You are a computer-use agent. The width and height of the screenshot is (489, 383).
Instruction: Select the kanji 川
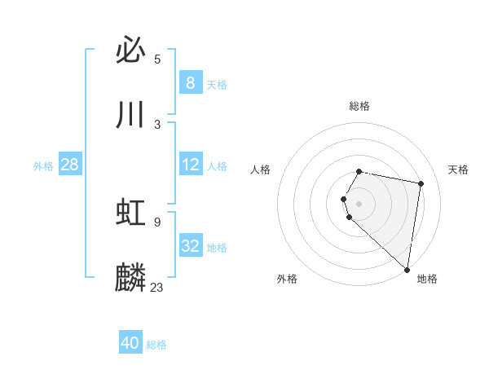(x=130, y=115)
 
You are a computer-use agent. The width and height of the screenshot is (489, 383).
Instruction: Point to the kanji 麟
(x=130, y=277)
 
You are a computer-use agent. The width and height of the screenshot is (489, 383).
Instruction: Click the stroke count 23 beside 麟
(x=157, y=287)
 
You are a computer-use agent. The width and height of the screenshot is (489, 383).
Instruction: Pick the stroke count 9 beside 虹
(x=156, y=222)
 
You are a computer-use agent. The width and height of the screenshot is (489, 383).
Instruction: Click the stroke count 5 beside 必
(x=157, y=59)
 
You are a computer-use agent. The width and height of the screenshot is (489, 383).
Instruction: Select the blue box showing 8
(x=190, y=83)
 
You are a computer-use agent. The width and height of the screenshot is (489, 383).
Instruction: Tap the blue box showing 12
(x=190, y=165)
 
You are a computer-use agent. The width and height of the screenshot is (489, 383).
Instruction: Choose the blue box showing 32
(x=190, y=246)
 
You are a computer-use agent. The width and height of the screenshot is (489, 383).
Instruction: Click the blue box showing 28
(x=69, y=165)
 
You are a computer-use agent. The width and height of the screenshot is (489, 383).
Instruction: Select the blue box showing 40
(x=130, y=343)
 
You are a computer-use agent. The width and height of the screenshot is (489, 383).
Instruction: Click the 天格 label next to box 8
(x=217, y=85)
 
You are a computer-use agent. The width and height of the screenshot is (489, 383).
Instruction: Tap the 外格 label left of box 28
(x=43, y=166)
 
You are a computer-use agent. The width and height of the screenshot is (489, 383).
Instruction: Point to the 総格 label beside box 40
(x=156, y=345)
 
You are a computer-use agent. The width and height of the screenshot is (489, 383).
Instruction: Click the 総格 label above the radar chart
(x=359, y=106)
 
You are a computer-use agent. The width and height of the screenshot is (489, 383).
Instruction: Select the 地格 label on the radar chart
(x=427, y=279)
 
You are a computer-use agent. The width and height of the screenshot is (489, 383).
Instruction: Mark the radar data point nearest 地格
(x=407, y=269)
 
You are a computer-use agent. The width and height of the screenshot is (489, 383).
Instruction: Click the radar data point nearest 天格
(x=421, y=184)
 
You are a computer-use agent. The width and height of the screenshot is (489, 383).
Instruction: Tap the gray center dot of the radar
(x=359, y=203)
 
